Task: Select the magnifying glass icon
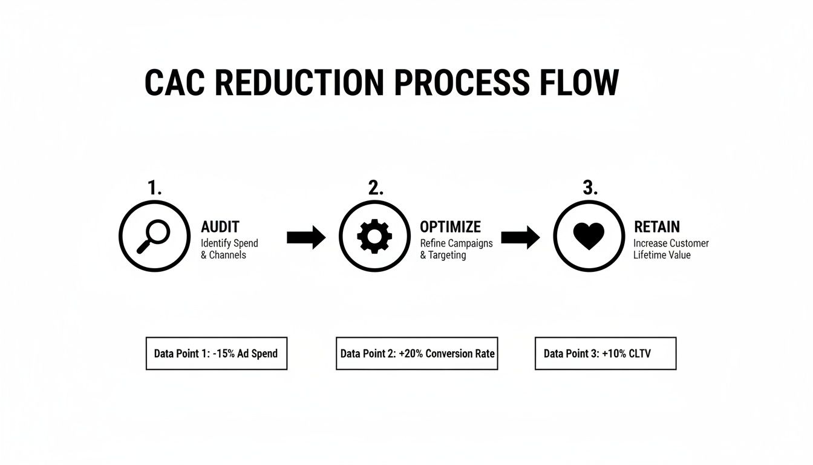coord(153,236)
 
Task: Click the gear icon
coord(374,236)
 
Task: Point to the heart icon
coord(589,236)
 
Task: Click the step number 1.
coord(155,188)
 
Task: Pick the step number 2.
coord(376,188)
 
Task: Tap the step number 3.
coord(590,188)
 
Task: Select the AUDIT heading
coord(220,226)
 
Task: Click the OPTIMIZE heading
coord(451,226)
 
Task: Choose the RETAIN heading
coord(657,226)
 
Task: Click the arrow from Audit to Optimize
coord(306,237)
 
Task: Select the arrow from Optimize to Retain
coord(520,237)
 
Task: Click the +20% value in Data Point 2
coord(411,354)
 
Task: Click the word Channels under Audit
coord(227,255)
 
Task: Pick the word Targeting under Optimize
coord(447,256)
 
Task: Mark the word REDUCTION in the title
coord(299,82)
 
